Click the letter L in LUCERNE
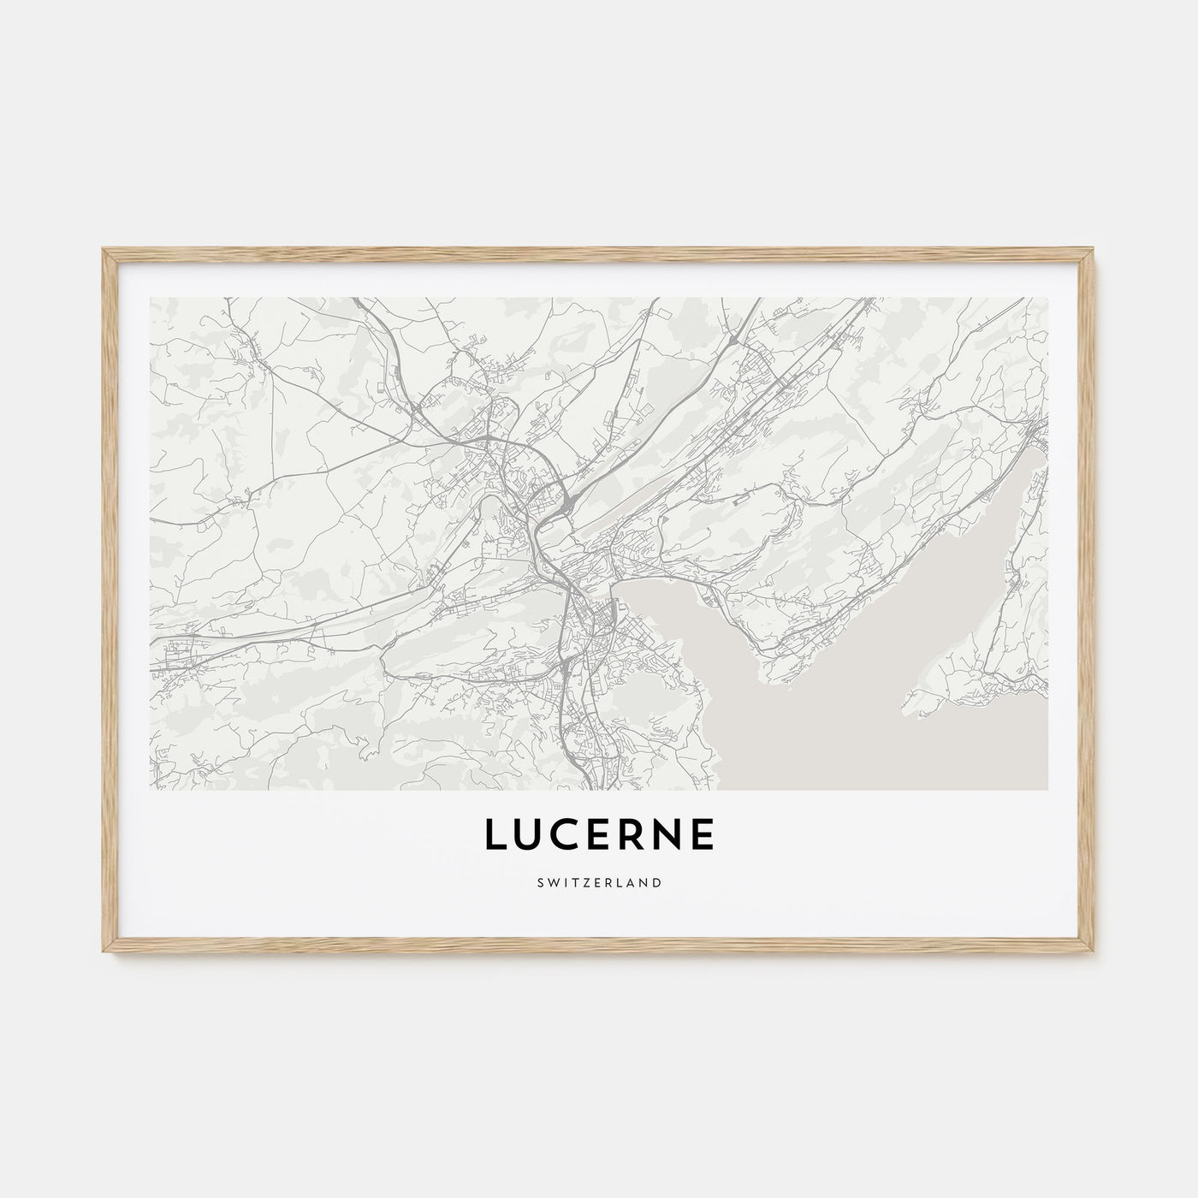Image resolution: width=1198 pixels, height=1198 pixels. pos(496,836)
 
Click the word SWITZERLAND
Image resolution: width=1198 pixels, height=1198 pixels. pos(599,882)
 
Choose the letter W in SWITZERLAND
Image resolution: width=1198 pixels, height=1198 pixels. pos(553,882)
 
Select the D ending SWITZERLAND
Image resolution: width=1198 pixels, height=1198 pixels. pos(656,882)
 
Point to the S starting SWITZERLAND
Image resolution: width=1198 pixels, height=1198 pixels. pos(541,882)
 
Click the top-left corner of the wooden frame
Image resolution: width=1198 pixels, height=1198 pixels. pos(104,250)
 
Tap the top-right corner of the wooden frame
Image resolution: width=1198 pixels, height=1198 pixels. pos(1094,250)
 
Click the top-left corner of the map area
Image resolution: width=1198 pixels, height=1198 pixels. pos(151,299)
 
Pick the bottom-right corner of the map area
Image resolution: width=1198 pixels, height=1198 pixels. pos(1047,789)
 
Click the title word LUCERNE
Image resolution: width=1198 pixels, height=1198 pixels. pos(599,836)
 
